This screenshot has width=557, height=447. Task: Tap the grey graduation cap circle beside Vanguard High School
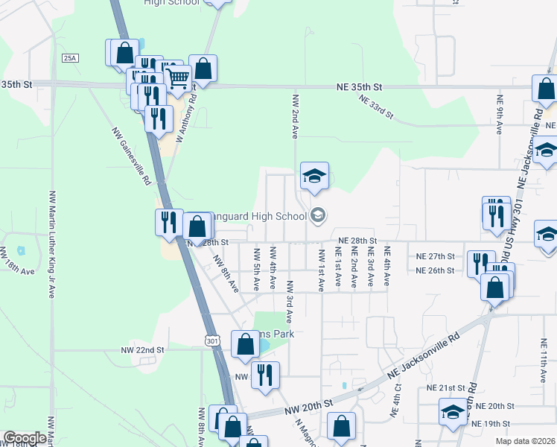(x=318, y=216)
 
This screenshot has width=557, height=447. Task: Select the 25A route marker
(x=70, y=57)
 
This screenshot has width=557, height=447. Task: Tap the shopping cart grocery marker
(x=177, y=77)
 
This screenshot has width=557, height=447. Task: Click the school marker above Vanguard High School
(x=314, y=177)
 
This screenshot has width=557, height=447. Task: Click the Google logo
(x=25, y=438)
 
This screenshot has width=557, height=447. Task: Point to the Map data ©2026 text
(x=525, y=441)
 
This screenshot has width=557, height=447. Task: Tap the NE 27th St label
(x=435, y=256)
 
